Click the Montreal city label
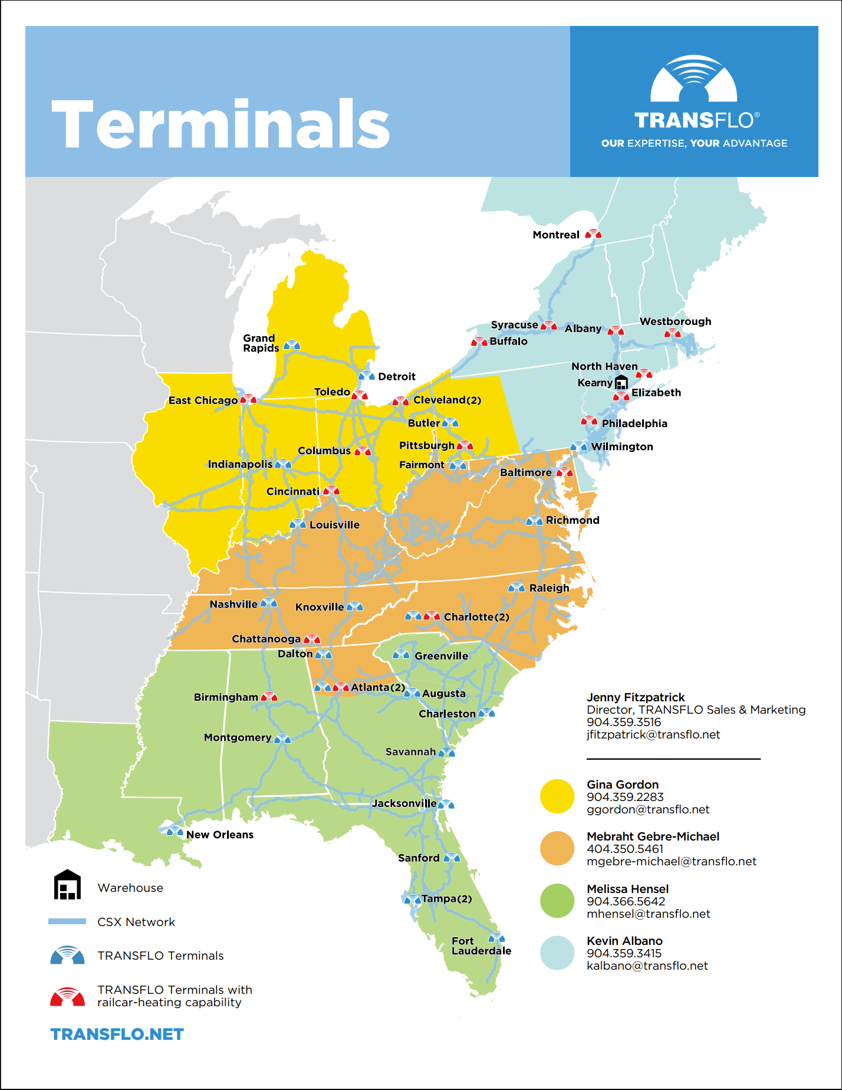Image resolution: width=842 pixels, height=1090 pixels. click(x=555, y=235)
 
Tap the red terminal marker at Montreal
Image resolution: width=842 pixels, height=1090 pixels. click(x=593, y=234)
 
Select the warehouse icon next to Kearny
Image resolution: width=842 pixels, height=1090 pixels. click(x=621, y=382)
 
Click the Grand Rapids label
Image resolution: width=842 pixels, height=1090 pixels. click(x=261, y=343)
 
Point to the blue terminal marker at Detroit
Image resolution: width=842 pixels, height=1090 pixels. click(x=366, y=376)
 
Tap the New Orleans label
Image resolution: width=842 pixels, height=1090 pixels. click(x=219, y=835)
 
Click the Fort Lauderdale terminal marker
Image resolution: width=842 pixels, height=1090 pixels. click(x=496, y=938)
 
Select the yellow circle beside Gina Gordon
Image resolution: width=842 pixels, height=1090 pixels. click(x=557, y=796)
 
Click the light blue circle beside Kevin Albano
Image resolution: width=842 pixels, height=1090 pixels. click(x=557, y=953)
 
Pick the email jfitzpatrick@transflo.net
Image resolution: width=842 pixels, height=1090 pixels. click(x=653, y=734)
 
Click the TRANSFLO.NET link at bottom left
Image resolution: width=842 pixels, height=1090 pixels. click(x=117, y=1034)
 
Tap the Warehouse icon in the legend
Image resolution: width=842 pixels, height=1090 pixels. click(x=67, y=885)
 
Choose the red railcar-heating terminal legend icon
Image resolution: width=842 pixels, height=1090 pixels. click(x=67, y=997)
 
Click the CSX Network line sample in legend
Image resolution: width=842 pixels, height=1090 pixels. click(x=67, y=921)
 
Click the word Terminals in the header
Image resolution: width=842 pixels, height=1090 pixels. click(x=221, y=124)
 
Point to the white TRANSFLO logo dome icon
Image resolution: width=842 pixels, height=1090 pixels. click(x=693, y=80)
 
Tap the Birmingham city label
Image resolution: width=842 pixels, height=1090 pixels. click(x=226, y=697)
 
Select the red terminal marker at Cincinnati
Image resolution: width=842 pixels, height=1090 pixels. click(x=331, y=491)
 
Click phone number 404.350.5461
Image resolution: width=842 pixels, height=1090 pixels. click(x=624, y=849)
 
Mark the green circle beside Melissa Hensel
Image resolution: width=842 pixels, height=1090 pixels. click(x=557, y=901)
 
